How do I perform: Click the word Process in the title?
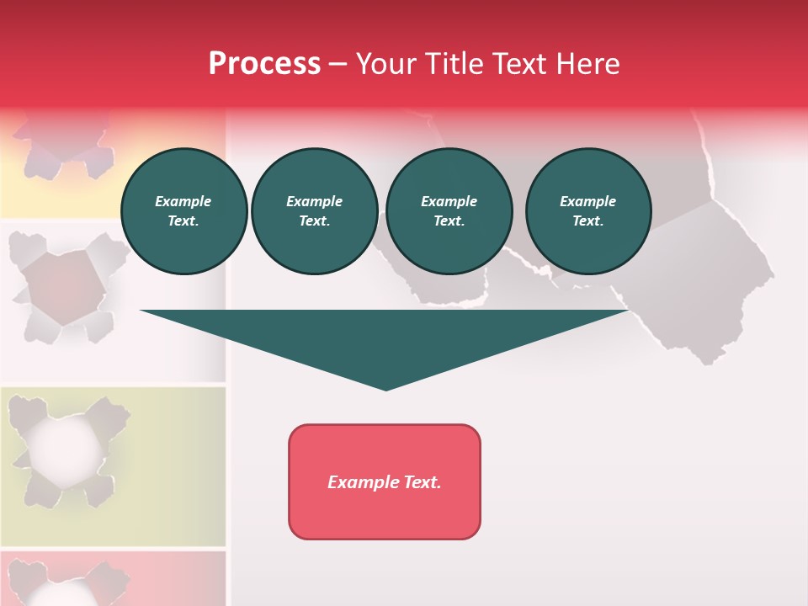[264, 64]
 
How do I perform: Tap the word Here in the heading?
[587, 64]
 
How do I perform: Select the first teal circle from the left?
[183, 211]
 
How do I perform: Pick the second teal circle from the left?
[314, 211]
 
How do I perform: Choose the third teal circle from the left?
[449, 211]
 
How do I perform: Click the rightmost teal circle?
[587, 211]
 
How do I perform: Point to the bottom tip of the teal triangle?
[385, 389]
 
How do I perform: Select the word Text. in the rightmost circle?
[587, 221]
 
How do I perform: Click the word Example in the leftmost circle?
[183, 201]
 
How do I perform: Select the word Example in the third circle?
[449, 201]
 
